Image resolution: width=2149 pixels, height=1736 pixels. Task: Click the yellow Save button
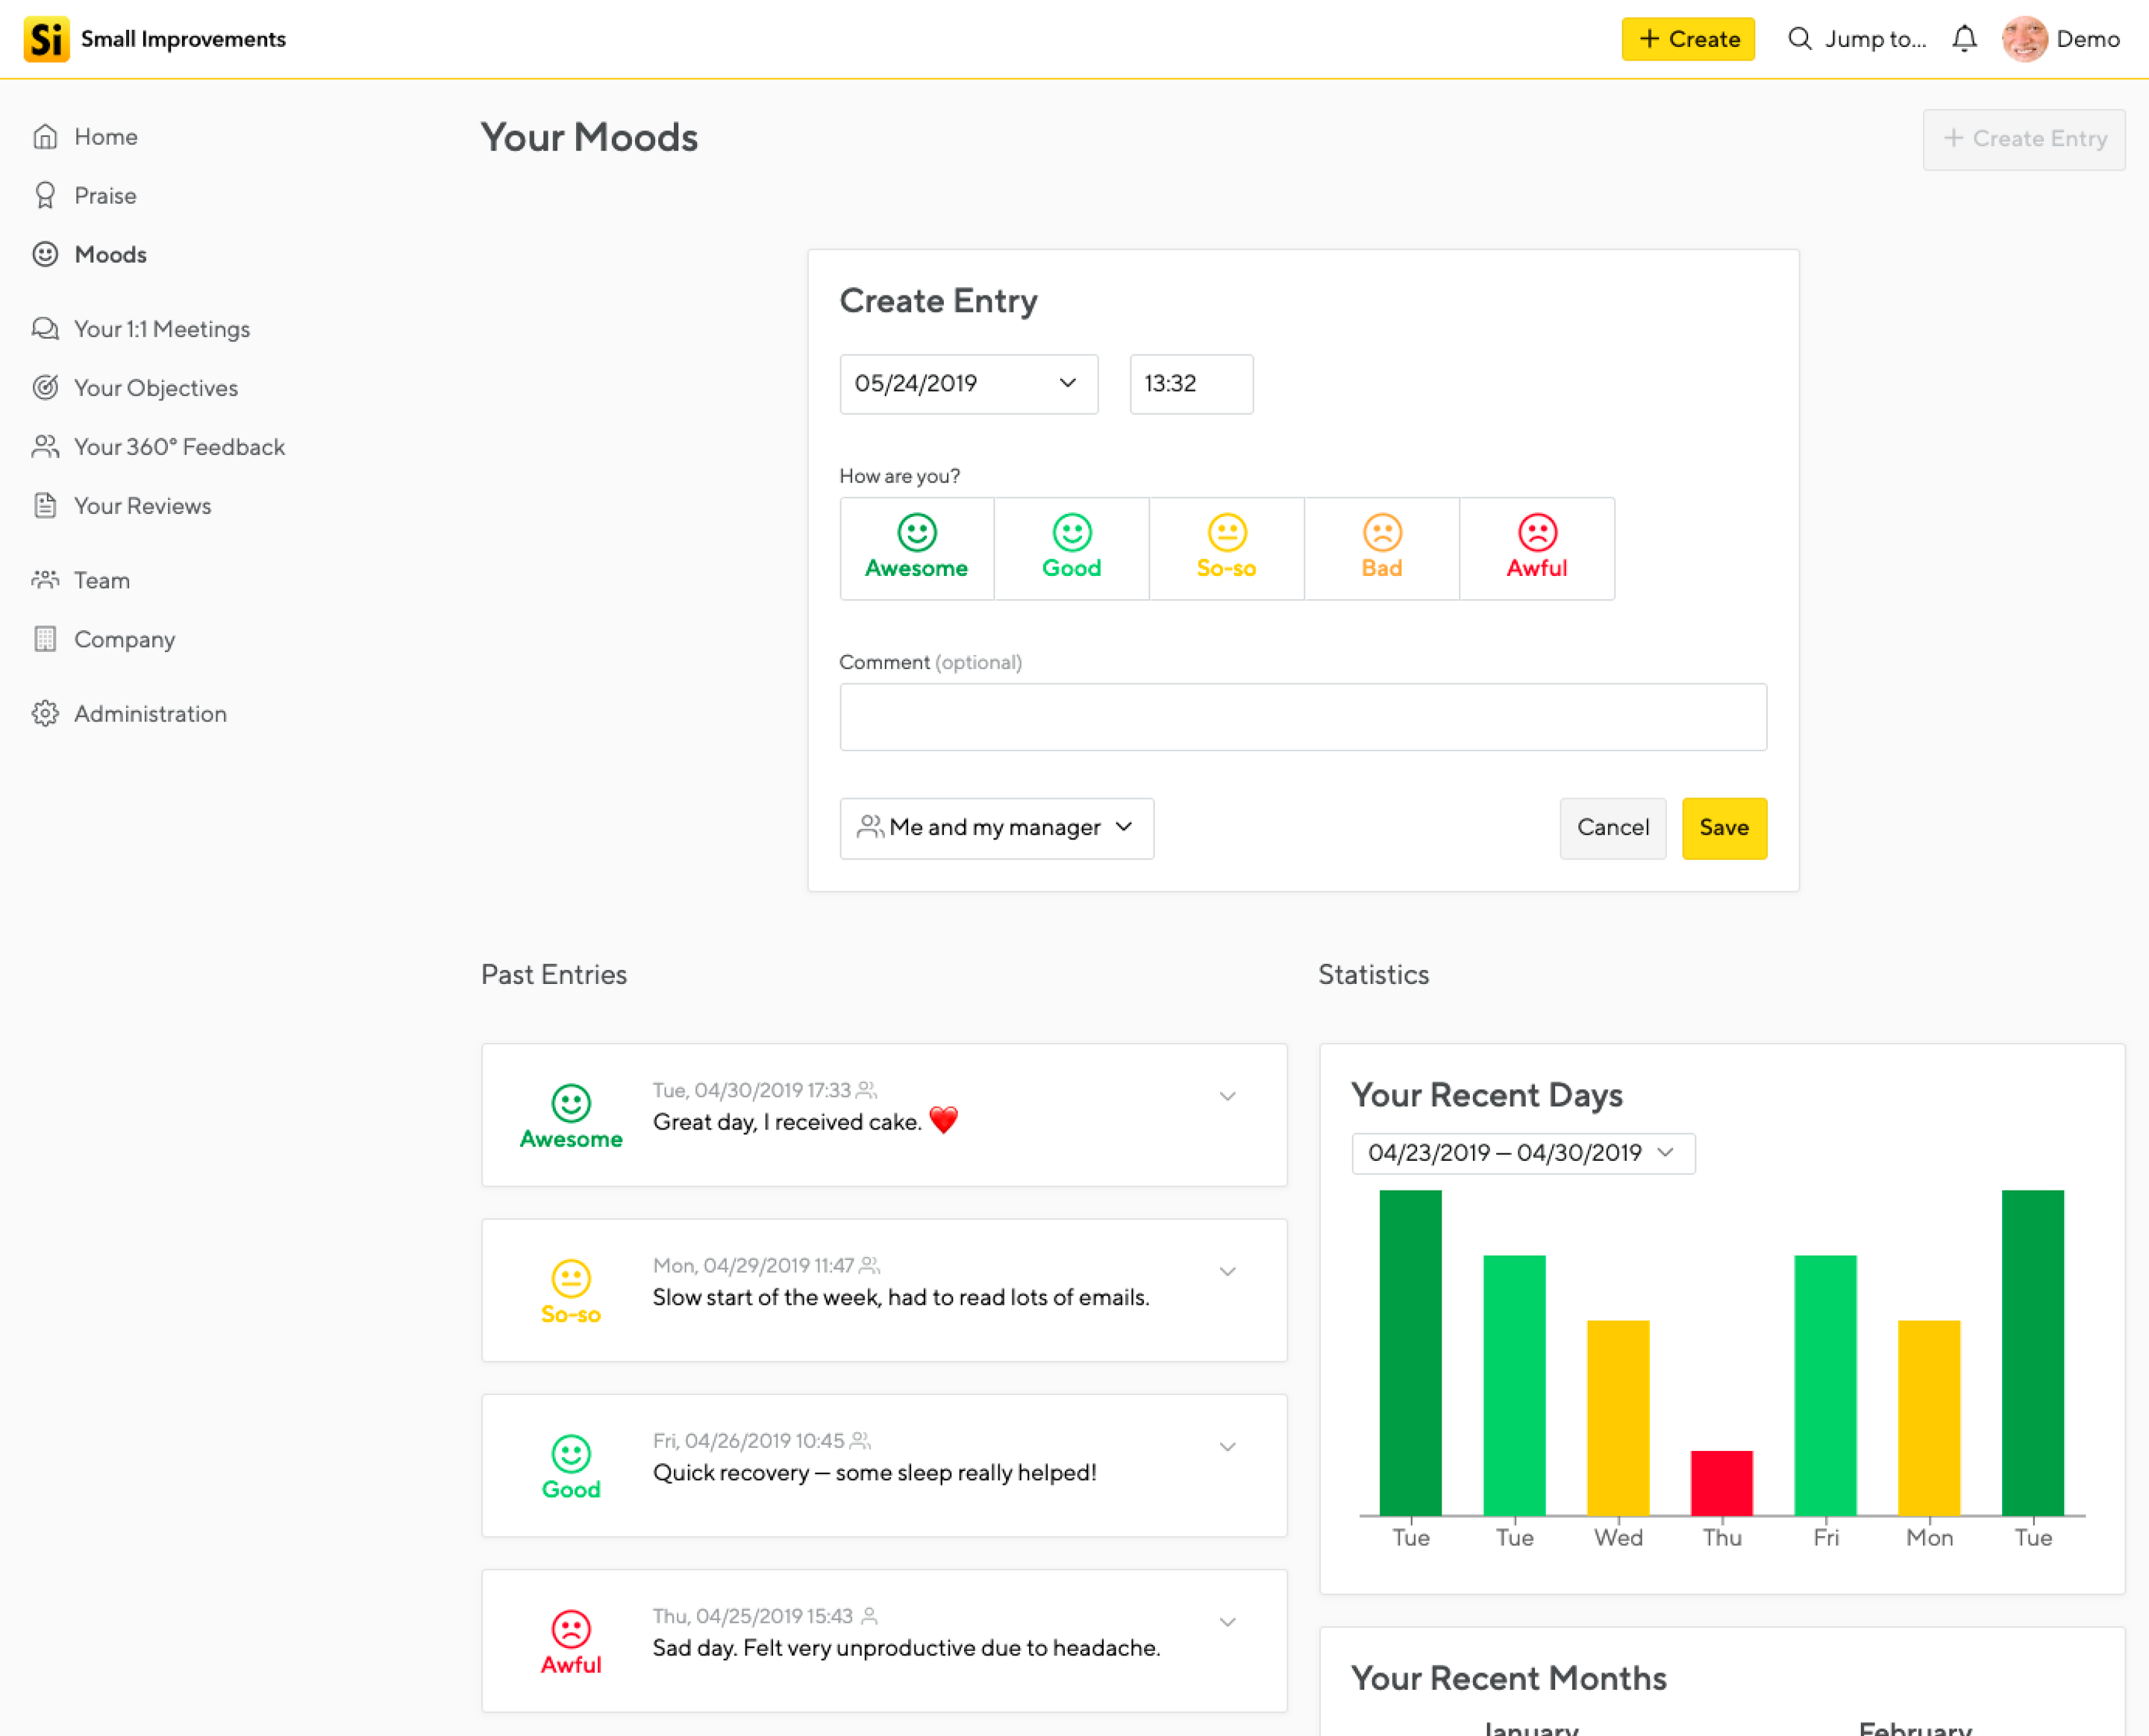(1723, 827)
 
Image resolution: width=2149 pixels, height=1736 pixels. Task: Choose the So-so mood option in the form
(1226, 548)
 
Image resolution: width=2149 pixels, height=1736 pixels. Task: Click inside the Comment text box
(1302, 716)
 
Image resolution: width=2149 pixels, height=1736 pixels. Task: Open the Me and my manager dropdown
(996, 827)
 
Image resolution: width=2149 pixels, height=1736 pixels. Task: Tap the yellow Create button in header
(1687, 39)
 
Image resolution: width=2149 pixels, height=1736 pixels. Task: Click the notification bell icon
(1963, 39)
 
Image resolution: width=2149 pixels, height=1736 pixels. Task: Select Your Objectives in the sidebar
(155, 388)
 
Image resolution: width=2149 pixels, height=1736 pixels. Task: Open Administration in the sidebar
(150, 714)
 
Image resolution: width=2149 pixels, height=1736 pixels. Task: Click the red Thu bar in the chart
(1721, 1482)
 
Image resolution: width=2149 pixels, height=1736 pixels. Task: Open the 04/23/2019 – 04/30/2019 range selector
(1522, 1153)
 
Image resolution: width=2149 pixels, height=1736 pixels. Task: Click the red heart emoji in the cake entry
(943, 1120)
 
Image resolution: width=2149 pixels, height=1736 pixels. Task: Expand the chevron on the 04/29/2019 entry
(1227, 1271)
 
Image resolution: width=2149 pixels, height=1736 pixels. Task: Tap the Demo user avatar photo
(2023, 39)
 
